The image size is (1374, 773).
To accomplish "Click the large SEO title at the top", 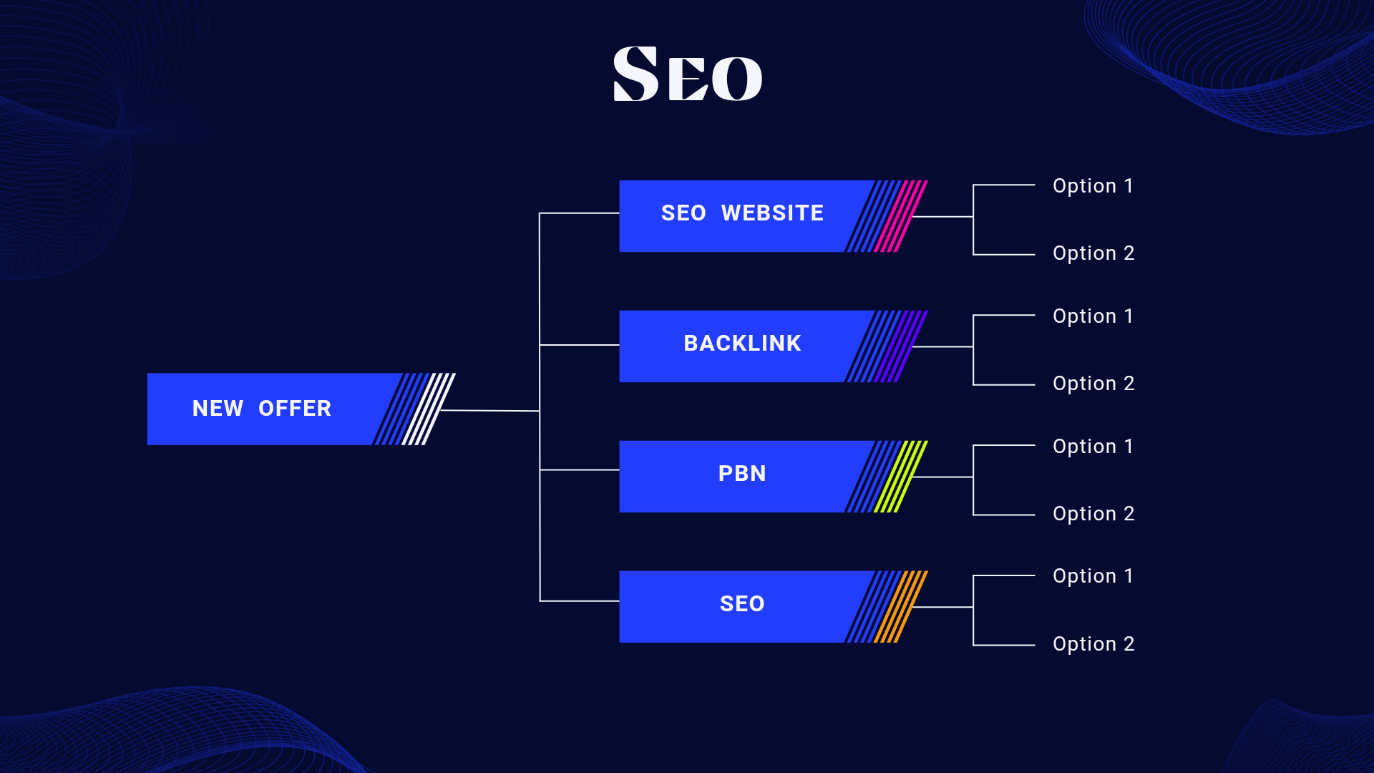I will click(x=688, y=74).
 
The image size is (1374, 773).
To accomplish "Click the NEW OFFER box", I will click(x=262, y=409).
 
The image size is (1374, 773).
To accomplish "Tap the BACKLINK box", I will click(x=741, y=344).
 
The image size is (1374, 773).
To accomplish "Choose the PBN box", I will click(x=741, y=475).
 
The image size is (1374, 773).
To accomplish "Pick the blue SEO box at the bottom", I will click(x=741, y=605).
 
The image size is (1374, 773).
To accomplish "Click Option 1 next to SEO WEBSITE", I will click(x=1093, y=186).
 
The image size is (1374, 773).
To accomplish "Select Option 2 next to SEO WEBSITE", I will click(x=1093, y=253).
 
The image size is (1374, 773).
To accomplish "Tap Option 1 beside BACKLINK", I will click(x=1093, y=316).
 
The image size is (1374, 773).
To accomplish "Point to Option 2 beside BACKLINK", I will click(x=1093, y=384).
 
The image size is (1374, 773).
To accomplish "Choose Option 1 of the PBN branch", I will click(x=1093, y=447).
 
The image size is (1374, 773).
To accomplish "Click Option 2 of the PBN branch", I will click(x=1093, y=514).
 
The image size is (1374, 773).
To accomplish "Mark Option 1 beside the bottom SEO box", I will click(x=1093, y=576).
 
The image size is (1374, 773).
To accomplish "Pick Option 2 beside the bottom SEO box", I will click(x=1093, y=644).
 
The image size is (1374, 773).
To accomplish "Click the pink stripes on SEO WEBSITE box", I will click(x=901, y=215).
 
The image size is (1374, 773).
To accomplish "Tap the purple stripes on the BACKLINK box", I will click(x=901, y=346).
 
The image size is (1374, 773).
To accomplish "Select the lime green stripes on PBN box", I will click(x=901, y=476).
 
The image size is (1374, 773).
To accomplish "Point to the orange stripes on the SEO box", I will click(x=901, y=606).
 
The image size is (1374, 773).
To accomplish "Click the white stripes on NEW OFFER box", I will click(x=429, y=409).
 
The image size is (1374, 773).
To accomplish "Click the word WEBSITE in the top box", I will click(x=772, y=213).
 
